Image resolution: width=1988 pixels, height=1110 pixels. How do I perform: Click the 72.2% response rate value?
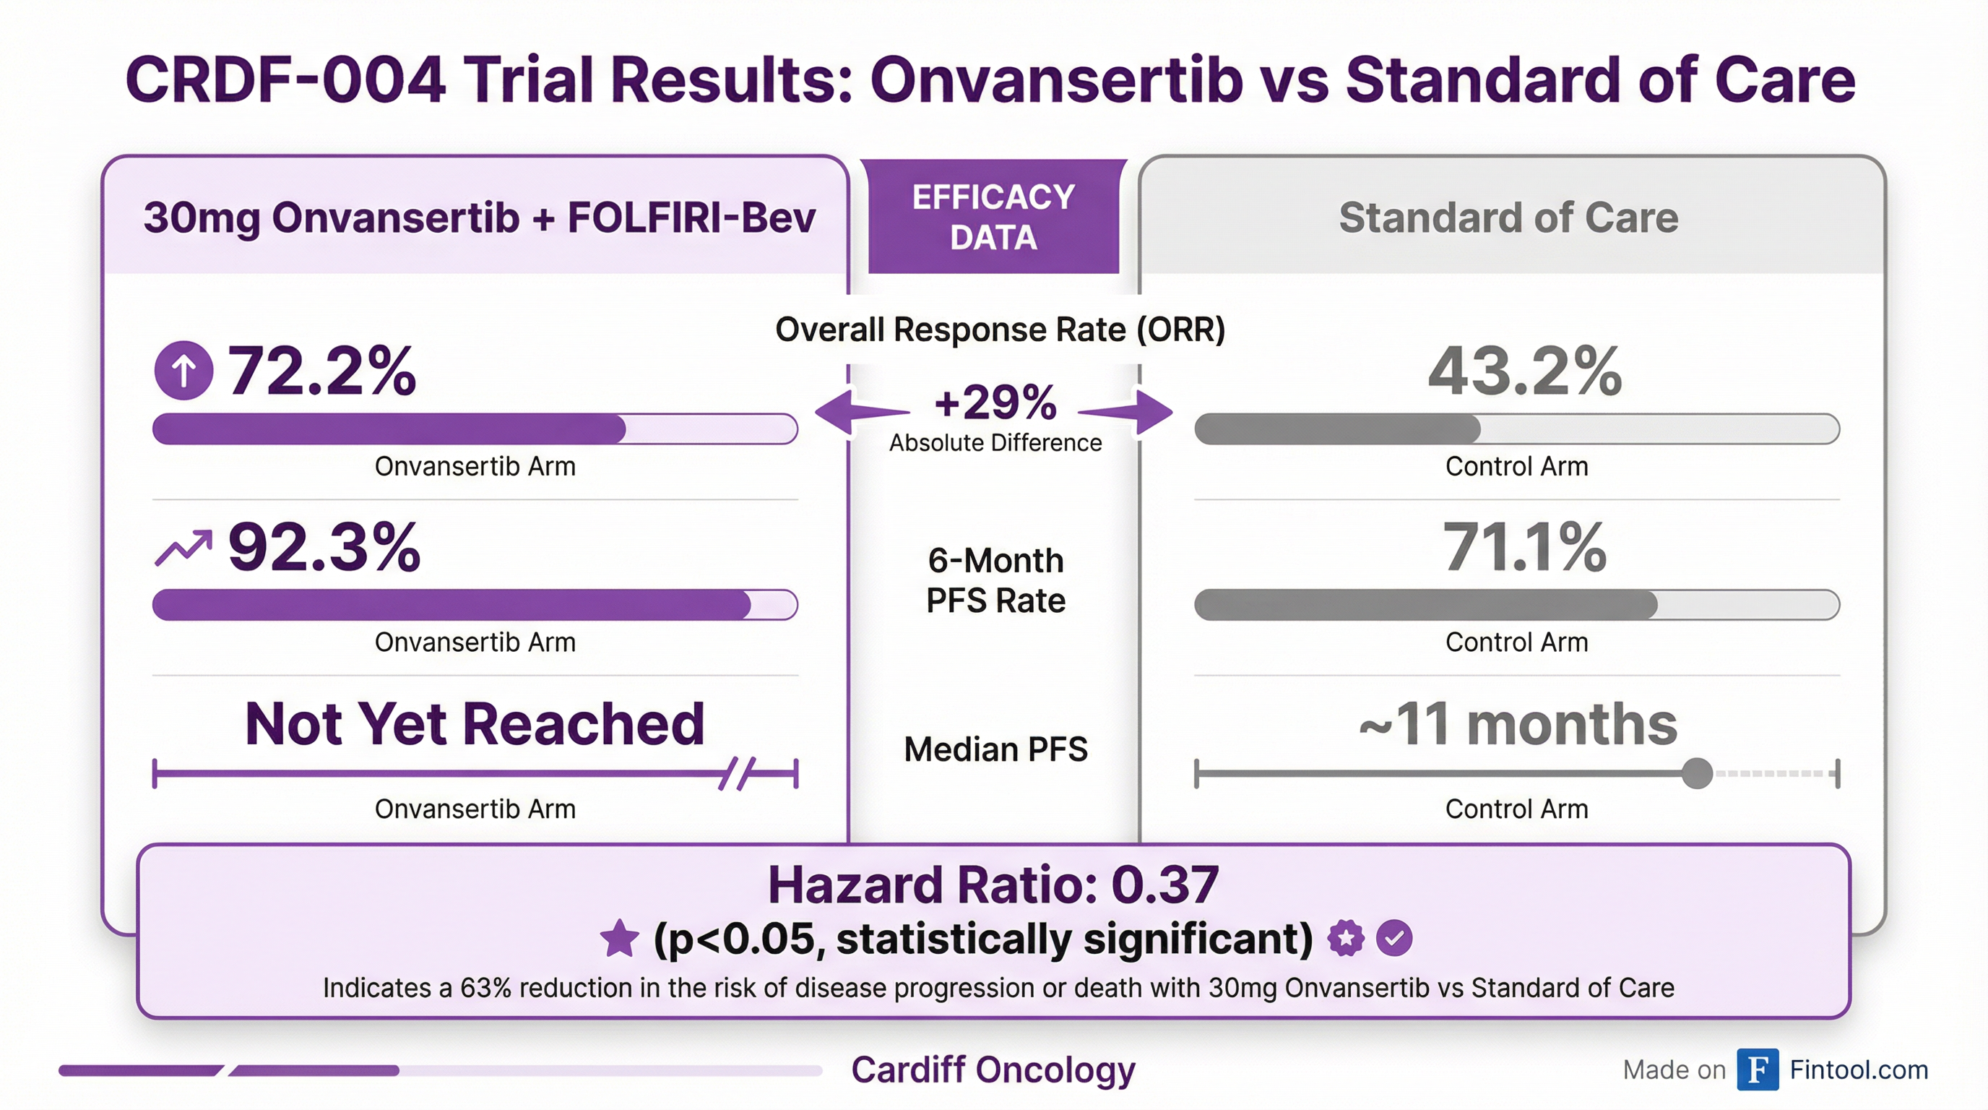click(321, 371)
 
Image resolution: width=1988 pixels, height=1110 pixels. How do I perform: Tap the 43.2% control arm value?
click(1524, 371)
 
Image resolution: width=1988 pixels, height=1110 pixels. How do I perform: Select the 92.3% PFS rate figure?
click(324, 547)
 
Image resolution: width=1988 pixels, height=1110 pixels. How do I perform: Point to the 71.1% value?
click(1524, 547)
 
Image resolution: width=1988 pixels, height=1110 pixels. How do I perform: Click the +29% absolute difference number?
click(995, 403)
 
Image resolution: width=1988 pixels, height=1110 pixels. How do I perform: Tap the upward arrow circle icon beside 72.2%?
click(183, 371)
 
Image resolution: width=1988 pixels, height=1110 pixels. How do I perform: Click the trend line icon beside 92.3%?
click(183, 548)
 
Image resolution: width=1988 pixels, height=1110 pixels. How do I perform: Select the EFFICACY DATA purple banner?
click(993, 217)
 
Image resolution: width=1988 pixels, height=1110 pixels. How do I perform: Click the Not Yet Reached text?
click(475, 724)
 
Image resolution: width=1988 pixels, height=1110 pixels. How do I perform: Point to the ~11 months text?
click(1517, 724)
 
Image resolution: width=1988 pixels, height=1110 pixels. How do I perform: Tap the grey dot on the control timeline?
click(1696, 773)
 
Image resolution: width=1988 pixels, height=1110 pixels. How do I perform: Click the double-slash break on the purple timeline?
click(737, 773)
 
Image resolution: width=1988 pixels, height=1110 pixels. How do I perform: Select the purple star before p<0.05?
click(620, 939)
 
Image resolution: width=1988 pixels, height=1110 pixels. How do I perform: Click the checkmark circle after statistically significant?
click(1393, 939)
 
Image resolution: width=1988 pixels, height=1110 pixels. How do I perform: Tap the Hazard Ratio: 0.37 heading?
click(993, 885)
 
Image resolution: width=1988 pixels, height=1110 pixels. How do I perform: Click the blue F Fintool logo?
click(1758, 1069)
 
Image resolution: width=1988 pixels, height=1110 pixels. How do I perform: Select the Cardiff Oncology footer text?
click(993, 1070)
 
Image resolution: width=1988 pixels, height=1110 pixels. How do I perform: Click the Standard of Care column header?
click(1508, 218)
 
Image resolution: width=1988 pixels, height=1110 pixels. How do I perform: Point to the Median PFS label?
click(995, 749)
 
